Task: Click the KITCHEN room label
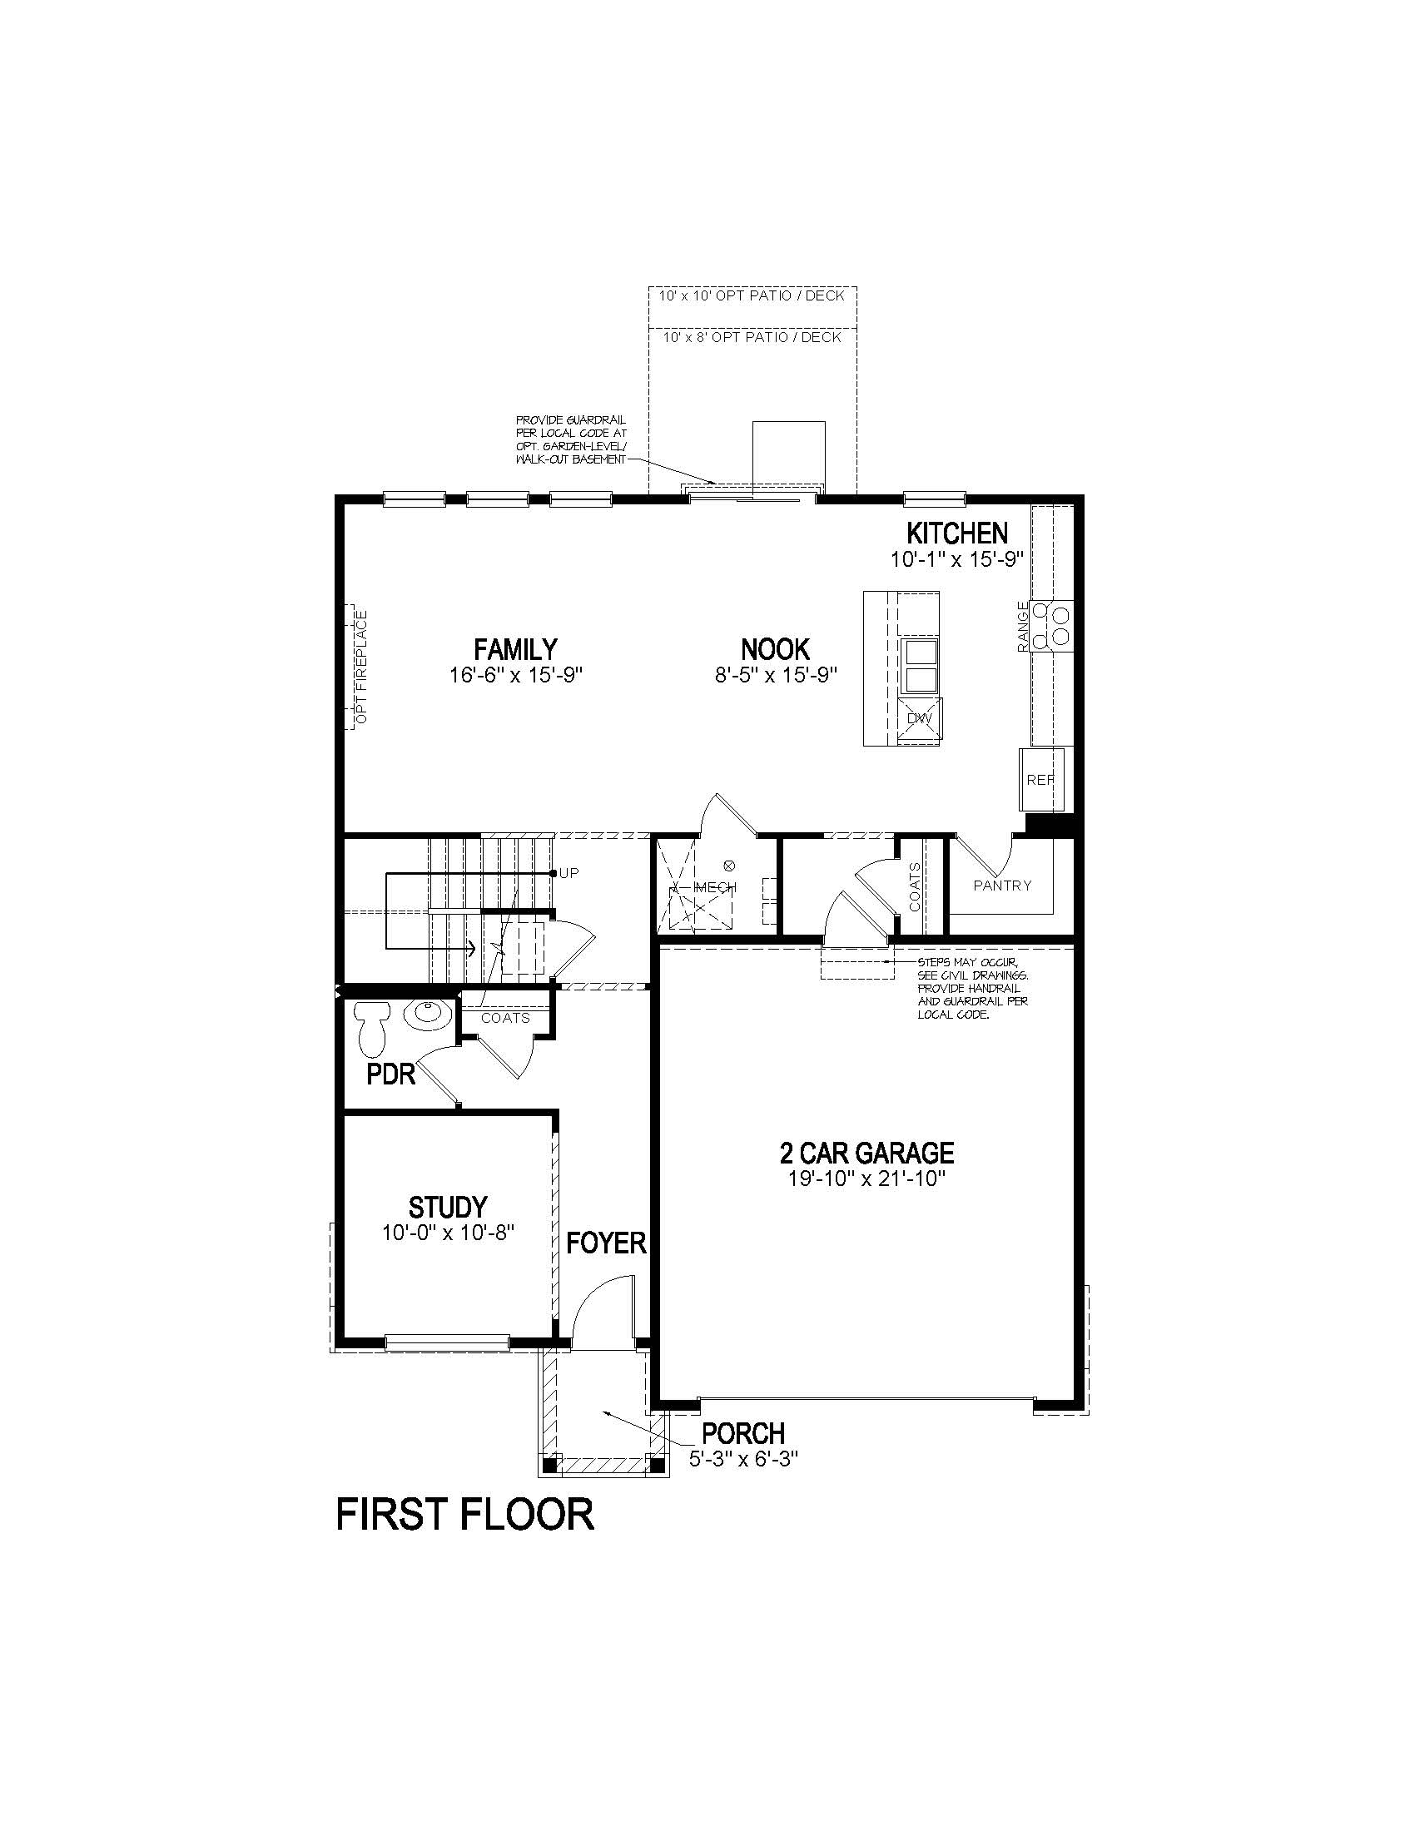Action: point(956,533)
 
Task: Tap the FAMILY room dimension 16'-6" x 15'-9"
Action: point(515,675)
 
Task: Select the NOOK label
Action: point(776,649)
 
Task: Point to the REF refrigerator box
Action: point(1040,779)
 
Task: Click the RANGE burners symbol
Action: point(1053,625)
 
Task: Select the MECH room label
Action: point(715,887)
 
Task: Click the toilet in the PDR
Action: point(370,1029)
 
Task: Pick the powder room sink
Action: point(429,1015)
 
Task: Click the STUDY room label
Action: point(448,1208)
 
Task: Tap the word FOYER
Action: point(606,1243)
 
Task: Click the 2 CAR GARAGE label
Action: point(866,1154)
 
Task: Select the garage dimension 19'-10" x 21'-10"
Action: point(866,1178)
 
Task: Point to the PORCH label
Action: point(743,1433)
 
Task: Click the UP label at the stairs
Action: point(569,873)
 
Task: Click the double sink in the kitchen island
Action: point(919,665)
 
